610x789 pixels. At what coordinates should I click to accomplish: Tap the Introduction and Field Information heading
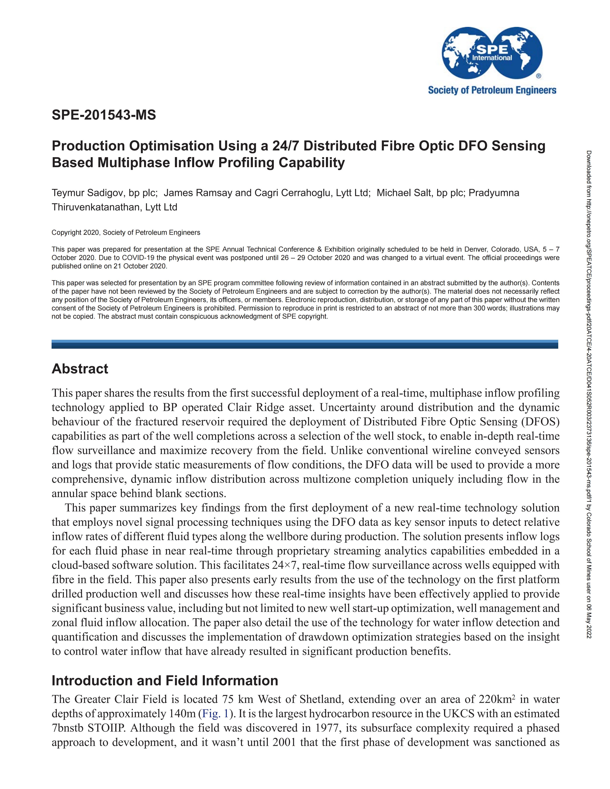pos(165,681)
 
